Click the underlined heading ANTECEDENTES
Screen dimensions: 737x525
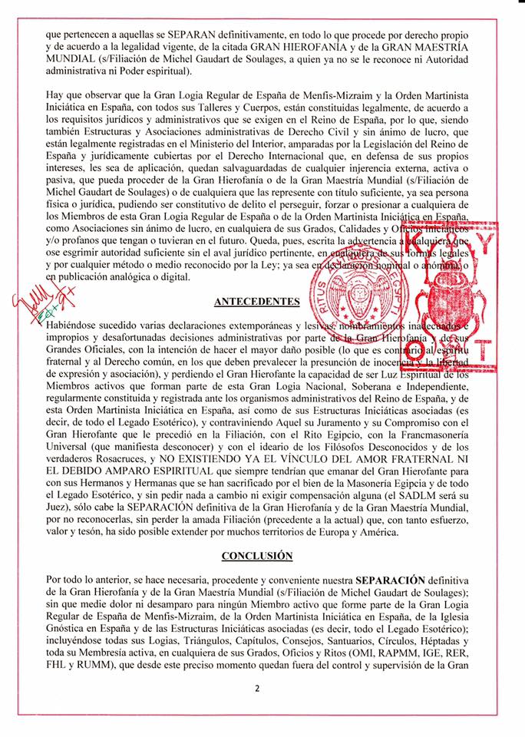262,302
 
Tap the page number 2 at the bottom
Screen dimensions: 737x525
259,689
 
